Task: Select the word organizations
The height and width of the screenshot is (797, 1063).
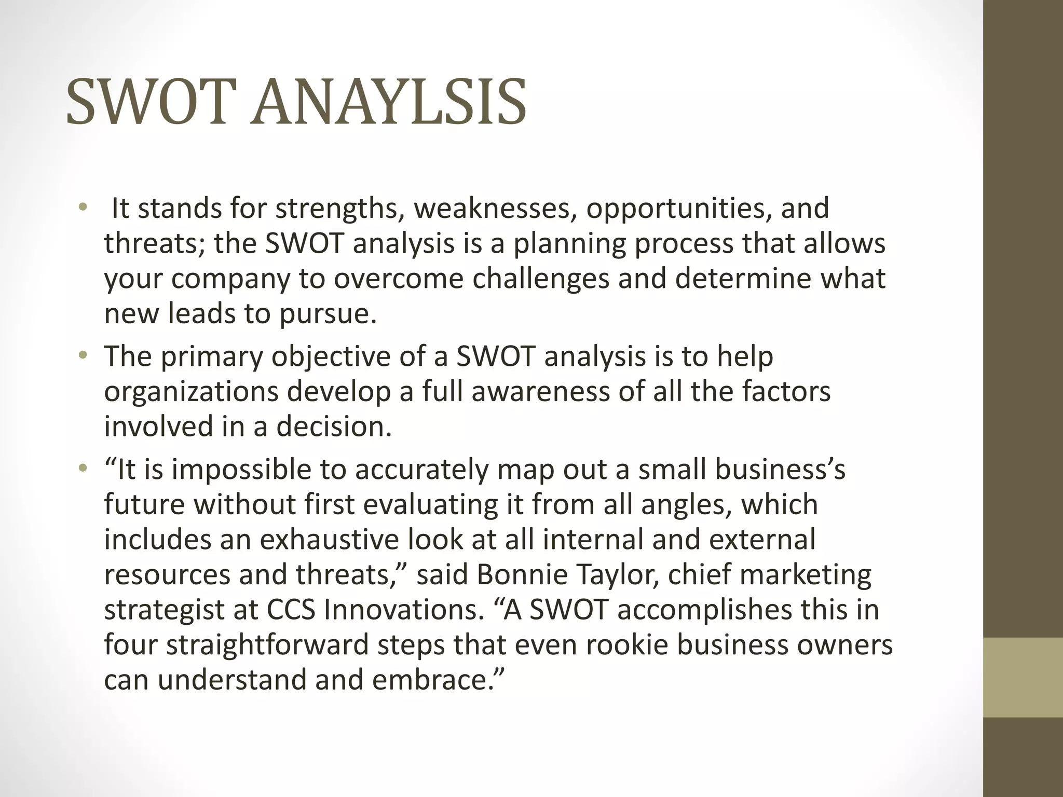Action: pyautogui.click(x=191, y=392)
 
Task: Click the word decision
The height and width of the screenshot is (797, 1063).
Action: pyautogui.click(x=333, y=427)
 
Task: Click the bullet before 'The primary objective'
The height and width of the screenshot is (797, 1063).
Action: pyautogui.click(x=82, y=356)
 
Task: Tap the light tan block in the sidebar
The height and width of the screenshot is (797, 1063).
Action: pyautogui.click(x=1023, y=677)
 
